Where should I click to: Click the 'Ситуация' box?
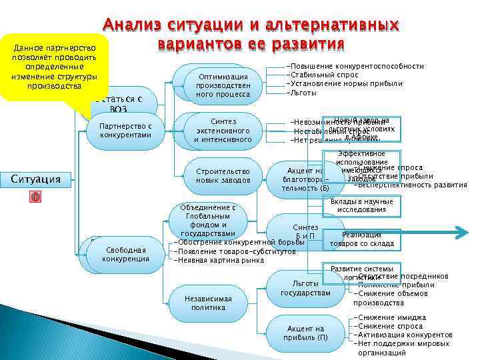pos(36,178)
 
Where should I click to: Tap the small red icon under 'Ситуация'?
pos(36,197)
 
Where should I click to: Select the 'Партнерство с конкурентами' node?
pos(125,131)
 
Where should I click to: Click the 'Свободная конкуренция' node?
pos(125,254)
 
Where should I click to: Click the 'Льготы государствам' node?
pos(305,288)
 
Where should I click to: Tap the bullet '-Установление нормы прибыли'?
pos(344,84)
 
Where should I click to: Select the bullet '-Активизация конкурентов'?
pos(404,335)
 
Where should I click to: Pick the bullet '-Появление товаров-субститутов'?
pos(234,251)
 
